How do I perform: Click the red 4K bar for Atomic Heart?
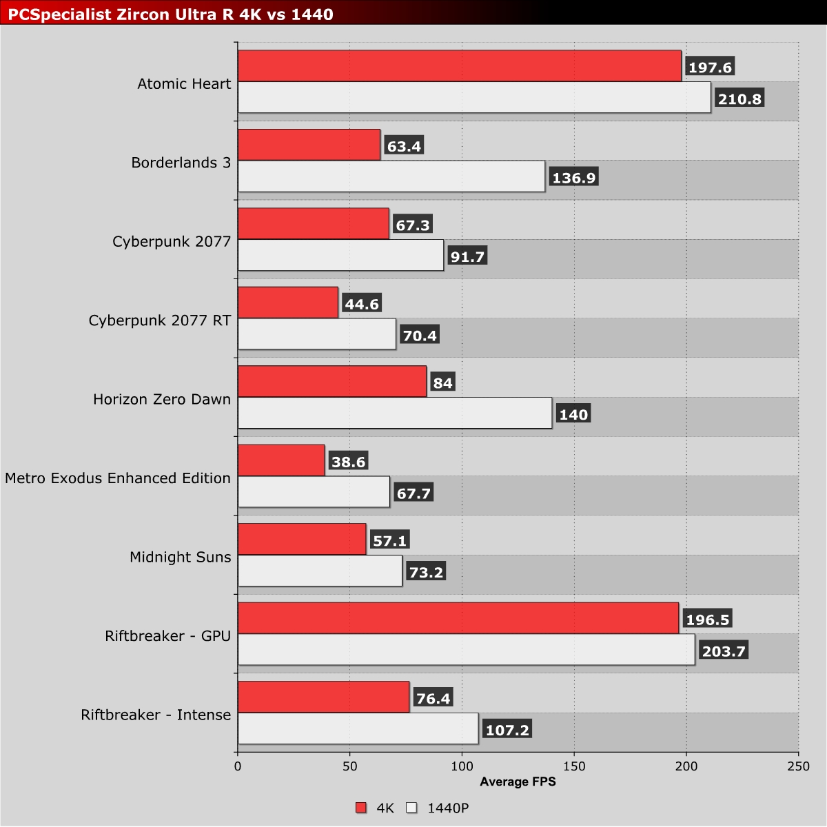pyautogui.click(x=459, y=66)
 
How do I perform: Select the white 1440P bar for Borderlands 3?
pyautogui.click(x=391, y=176)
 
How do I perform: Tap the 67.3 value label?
pyautogui.click(x=413, y=225)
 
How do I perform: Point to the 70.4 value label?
pyautogui.click(x=420, y=336)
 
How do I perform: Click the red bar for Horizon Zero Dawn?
pyautogui.click(x=332, y=382)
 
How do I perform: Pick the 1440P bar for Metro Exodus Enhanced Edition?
pyautogui.click(x=314, y=492)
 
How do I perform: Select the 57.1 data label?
pyautogui.click(x=390, y=541)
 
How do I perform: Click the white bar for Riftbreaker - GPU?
pyautogui.click(x=466, y=650)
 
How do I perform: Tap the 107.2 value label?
pyautogui.click(x=507, y=730)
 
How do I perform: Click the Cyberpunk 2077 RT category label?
pyautogui.click(x=160, y=320)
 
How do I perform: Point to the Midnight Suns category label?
pyautogui.click(x=181, y=557)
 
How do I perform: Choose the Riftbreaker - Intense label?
pyautogui.click(x=156, y=715)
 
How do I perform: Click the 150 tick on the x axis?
pyautogui.click(x=574, y=766)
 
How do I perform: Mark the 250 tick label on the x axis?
pyautogui.click(x=798, y=766)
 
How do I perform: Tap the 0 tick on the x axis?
pyautogui.click(x=238, y=766)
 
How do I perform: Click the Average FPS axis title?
pyautogui.click(x=518, y=782)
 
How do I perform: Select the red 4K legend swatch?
pyautogui.click(x=361, y=808)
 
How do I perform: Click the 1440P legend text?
pyautogui.click(x=448, y=808)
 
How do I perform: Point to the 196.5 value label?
pyautogui.click(x=707, y=620)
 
